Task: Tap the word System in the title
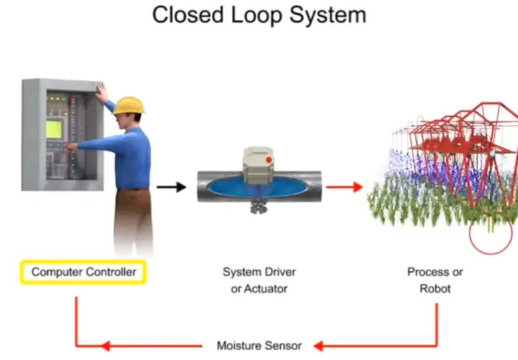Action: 329,15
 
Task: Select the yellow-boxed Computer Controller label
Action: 84,272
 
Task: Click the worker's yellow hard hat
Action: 129,105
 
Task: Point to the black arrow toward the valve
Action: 171,187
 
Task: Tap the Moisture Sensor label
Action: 259,345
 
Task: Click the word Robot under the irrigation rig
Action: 435,289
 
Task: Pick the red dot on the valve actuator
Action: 269,159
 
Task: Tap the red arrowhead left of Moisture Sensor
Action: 104,345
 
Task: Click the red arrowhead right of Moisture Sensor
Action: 319,345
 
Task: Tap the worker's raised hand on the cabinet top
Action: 101,90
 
